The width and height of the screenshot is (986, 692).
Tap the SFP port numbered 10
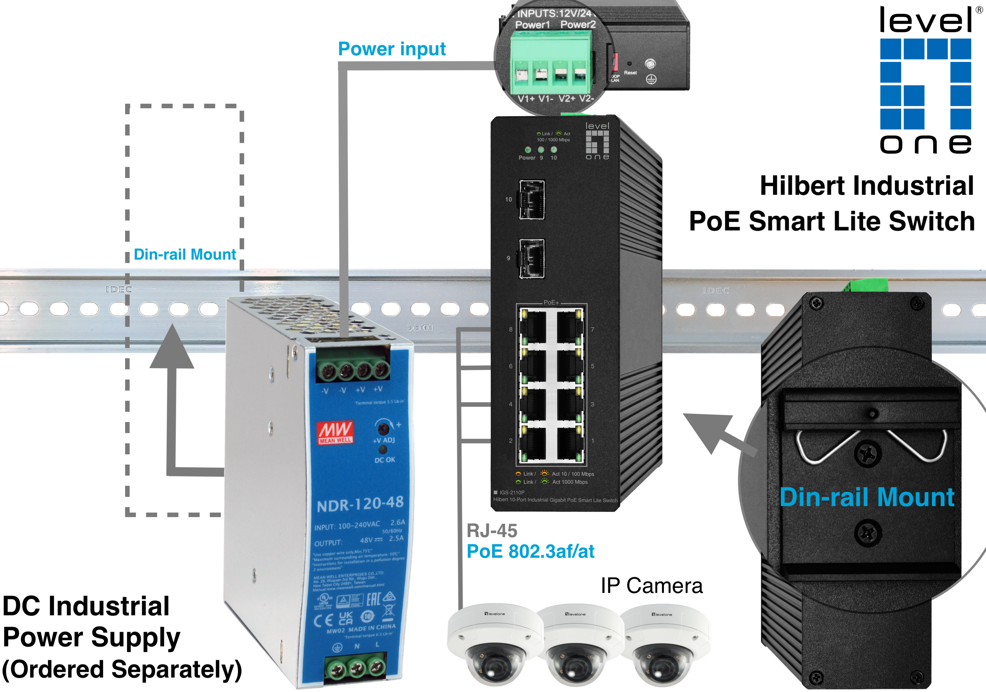[532, 199]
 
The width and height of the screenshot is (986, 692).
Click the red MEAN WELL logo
[336, 432]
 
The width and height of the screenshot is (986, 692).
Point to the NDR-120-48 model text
[360, 504]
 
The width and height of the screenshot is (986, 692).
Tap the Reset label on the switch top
[630, 73]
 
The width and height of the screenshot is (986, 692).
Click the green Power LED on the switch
[528, 150]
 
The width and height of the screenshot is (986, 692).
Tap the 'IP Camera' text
[651, 585]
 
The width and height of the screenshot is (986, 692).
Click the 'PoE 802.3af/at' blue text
[530, 551]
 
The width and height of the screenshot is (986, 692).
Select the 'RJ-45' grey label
[492, 531]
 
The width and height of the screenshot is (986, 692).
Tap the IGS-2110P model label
[512, 493]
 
